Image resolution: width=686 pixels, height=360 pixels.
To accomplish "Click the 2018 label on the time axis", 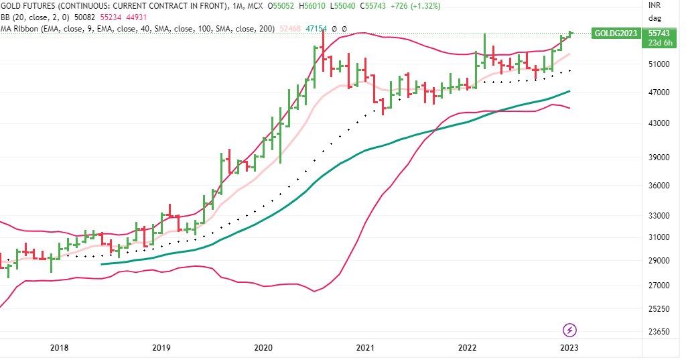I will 59,347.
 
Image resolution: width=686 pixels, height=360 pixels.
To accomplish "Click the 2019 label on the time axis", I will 161,347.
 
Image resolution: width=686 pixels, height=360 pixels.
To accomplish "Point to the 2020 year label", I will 263,347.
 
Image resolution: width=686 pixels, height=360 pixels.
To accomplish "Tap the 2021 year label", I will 365,347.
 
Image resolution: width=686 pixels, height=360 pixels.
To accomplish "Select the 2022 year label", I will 467,347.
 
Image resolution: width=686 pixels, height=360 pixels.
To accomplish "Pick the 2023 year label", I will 569,347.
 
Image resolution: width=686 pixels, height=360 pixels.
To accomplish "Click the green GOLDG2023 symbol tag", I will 614,34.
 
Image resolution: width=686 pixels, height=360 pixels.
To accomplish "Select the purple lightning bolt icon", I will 569,329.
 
